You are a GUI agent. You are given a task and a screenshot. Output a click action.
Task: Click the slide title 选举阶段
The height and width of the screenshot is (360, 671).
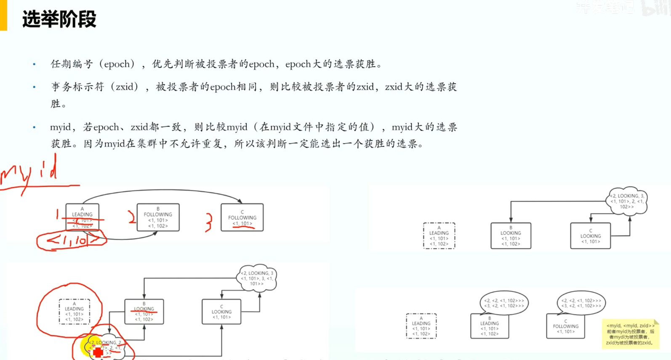point(59,19)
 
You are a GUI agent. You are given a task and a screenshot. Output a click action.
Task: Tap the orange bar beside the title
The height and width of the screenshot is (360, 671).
point(3,15)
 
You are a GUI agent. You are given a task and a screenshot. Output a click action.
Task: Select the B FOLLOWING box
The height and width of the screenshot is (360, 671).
point(158,217)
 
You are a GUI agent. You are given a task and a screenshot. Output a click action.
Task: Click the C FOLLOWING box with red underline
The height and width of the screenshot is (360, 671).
point(242,217)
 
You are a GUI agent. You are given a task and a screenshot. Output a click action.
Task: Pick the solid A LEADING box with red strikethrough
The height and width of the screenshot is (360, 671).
point(82,217)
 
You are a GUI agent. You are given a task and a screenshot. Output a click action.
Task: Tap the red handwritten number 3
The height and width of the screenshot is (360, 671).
point(208,222)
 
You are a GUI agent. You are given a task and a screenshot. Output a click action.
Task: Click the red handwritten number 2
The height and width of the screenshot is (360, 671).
point(132,217)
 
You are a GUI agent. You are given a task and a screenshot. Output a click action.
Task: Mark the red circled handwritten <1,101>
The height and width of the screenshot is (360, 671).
point(72,241)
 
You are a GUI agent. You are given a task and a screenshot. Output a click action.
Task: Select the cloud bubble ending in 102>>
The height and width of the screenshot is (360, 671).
point(627,201)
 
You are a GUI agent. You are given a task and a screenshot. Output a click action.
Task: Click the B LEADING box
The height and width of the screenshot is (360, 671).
point(490,326)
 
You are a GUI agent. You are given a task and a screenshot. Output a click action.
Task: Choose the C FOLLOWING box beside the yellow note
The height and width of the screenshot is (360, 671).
point(565,326)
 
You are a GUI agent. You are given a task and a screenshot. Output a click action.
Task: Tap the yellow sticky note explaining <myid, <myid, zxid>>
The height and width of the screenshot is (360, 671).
point(630,334)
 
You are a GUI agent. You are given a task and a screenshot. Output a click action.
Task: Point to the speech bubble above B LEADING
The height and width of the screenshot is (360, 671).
point(504,303)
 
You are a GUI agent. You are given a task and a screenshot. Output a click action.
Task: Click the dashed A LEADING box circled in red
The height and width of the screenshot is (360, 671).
point(74,312)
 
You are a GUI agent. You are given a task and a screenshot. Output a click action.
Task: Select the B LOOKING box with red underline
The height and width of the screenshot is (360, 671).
point(144,312)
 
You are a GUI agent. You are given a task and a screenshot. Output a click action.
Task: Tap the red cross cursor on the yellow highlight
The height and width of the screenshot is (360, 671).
point(98,352)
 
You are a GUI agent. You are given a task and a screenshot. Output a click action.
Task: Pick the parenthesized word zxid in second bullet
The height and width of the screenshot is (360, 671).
point(127,87)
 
